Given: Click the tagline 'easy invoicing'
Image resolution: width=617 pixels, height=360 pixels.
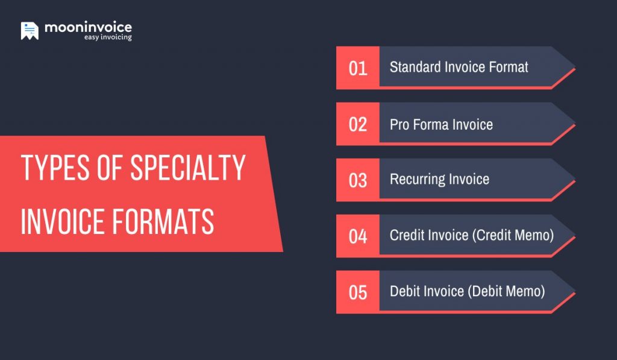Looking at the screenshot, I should click(x=107, y=37).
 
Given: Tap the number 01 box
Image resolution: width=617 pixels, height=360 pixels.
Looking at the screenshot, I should click(x=358, y=68).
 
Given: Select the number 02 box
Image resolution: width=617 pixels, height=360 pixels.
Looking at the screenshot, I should click(x=358, y=124).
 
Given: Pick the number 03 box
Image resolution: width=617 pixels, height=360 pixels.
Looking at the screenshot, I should click(x=358, y=180).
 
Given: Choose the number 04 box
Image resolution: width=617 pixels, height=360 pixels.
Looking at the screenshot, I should click(x=358, y=236).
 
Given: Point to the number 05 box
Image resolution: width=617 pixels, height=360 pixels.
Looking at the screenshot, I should click(x=358, y=292).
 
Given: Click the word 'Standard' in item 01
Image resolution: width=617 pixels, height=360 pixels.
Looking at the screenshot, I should click(x=415, y=67).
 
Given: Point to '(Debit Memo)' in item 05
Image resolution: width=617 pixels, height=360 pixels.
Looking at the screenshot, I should click(x=506, y=291).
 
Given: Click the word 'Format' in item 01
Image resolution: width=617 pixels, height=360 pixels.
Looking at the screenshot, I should click(x=510, y=67).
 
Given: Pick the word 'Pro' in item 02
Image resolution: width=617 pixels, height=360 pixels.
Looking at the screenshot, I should click(x=398, y=125).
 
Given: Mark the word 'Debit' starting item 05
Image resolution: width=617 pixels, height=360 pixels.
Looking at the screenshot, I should click(x=405, y=291).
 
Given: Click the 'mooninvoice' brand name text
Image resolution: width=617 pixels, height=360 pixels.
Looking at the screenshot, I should click(x=88, y=27).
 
